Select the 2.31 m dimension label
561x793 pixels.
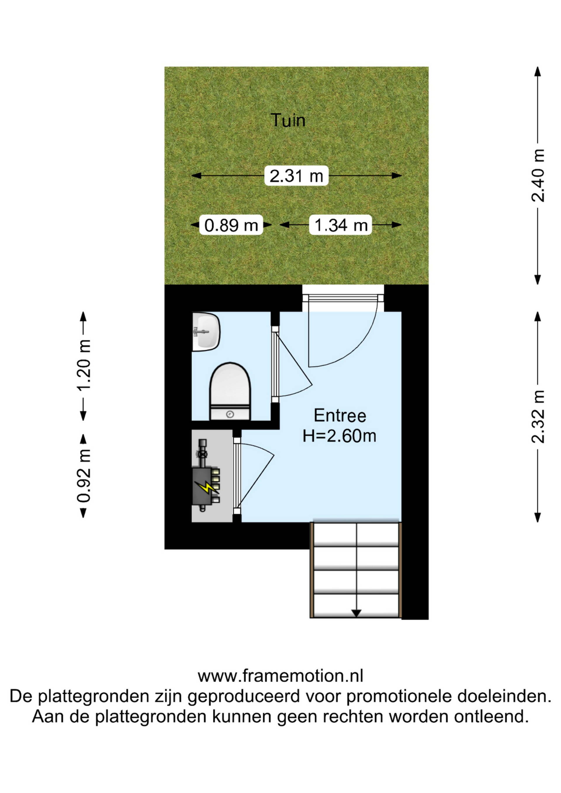point(296,176)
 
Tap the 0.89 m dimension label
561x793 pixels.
point(231,225)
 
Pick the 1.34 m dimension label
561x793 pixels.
point(341,225)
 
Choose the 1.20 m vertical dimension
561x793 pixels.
point(83,366)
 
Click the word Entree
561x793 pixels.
point(340,415)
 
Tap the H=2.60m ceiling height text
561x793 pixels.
point(339,436)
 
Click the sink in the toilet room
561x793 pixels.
point(206,332)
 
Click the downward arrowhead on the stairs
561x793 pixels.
point(356,613)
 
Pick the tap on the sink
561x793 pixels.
point(200,332)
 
